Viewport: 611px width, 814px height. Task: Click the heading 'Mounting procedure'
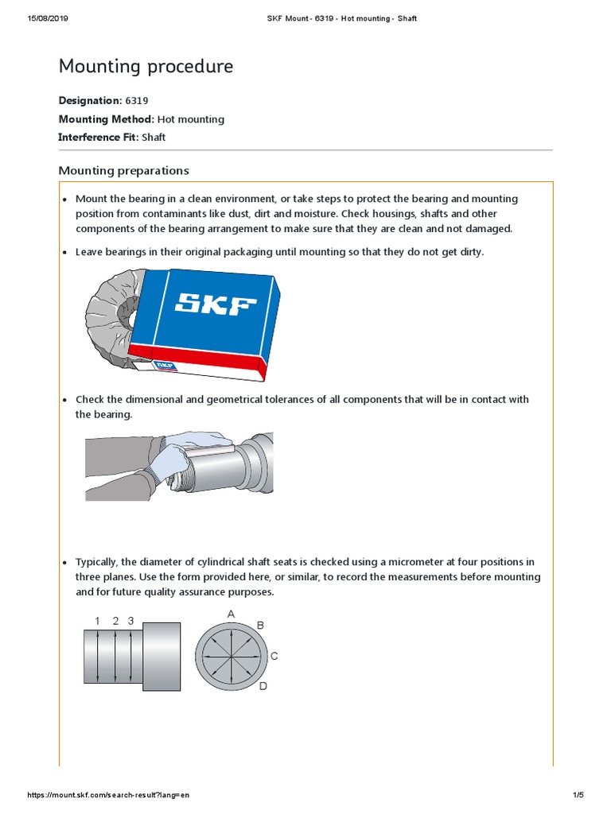coord(146,67)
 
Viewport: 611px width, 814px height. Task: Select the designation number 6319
coord(135,101)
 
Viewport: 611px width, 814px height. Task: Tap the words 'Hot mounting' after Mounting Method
coord(191,119)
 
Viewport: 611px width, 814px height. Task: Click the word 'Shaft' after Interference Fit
coord(154,138)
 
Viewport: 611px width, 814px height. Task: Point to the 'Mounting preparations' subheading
coord(123,170)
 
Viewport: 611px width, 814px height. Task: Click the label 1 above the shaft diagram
coord(97,621)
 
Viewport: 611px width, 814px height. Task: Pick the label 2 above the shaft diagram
coord(115,621)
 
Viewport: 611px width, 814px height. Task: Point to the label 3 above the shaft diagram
coord(131,621)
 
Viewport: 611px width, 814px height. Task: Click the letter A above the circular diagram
coord(232,614)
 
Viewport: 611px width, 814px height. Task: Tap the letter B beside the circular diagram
coord(259,626)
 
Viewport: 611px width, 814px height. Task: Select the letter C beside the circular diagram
coord(274,657)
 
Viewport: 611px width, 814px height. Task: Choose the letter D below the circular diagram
coord(263,685)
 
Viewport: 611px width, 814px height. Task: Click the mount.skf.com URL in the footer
coord(109,795)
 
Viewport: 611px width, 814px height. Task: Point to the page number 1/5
coord(578,795)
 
